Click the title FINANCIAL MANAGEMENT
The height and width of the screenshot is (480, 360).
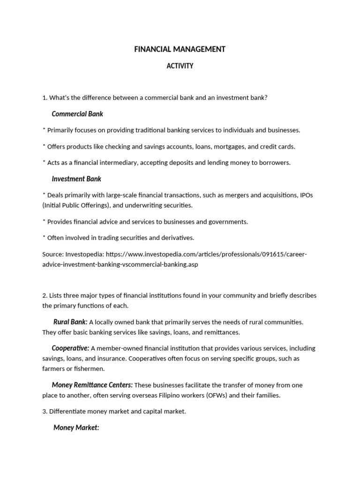click(x=180, y=49)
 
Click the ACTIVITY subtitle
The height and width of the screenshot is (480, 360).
click(x=180, y=66)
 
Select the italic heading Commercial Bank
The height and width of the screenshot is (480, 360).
click(x=77, y=114)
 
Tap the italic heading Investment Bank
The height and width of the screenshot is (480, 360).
click(x=76, y=179)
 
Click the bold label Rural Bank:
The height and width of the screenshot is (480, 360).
click(x=70, y=322)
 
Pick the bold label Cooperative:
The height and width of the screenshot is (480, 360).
click(x=70, y=348)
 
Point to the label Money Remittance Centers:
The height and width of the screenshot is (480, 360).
click(x=92, y=385)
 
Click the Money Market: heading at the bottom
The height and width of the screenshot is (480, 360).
click(x=76, y=427)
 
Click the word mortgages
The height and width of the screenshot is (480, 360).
click(x=229, y=146)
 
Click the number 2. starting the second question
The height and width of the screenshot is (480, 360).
click(x=45, y=295)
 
